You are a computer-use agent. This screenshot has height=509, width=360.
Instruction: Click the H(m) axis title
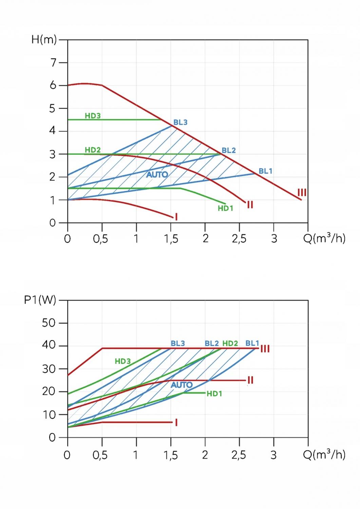pos(44,40)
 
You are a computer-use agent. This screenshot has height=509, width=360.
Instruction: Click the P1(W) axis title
pos(40,300)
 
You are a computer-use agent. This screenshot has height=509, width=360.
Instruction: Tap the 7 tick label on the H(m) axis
pos(53,63)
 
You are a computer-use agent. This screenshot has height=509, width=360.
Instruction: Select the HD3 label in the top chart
pos(93,116)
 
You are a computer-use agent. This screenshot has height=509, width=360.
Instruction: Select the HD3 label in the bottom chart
pos(122,361)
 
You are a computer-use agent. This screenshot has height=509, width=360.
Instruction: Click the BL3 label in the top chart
pos(180,122)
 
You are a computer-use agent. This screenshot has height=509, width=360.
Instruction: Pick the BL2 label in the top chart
pos(228,150)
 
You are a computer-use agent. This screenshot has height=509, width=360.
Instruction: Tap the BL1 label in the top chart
pos(265,171)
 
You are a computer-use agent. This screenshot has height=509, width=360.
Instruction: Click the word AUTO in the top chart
pos(157,175)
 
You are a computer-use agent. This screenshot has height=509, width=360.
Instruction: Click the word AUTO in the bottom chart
pos(182,385)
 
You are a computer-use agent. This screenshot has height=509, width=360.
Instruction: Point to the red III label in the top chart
pos(302,193)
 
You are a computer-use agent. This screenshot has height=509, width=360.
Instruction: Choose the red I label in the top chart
pos(176,216)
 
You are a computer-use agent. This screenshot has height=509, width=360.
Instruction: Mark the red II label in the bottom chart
pos(250,380)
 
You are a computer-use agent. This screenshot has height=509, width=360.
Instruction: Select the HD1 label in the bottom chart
pos(214,394)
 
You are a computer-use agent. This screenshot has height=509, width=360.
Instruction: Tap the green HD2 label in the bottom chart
pos(230,343)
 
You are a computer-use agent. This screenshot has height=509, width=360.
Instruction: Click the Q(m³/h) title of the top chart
pos(324,239)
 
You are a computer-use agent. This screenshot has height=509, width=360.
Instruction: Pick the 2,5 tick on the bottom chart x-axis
pos(239,455)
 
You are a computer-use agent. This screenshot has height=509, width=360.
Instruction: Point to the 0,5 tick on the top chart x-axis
pos(100,239)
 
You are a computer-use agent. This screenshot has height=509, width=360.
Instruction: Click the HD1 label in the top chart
pos(225,208)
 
